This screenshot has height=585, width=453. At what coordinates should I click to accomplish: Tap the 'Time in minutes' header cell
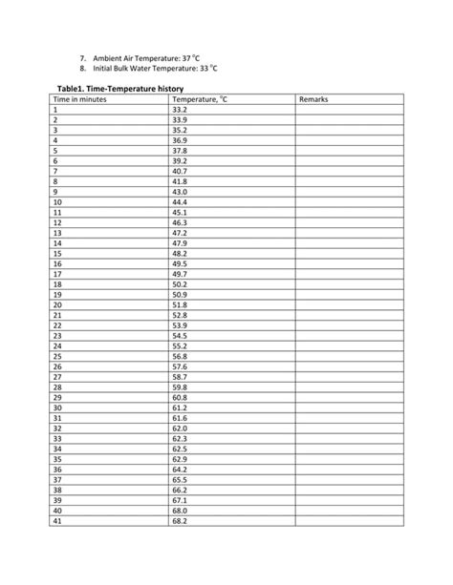(x=80, y=99)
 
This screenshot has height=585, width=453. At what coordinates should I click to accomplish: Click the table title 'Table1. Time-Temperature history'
(x=113, y=89)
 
